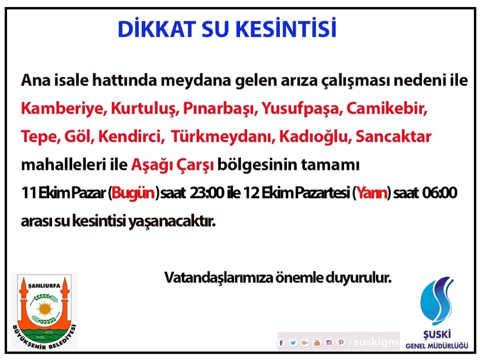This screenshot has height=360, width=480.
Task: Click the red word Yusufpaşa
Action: [302, 109]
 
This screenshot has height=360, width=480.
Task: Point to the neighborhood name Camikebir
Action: [387, 109]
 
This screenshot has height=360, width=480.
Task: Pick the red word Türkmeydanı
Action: [222, 137]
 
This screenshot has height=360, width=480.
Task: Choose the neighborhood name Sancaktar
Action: [394, 137]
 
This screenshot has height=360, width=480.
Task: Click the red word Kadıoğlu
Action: [315, 137]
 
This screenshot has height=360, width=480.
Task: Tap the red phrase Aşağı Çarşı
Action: [173, 165]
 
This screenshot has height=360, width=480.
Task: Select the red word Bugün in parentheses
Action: [133, 193]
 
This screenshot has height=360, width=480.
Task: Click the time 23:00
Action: [207, 193]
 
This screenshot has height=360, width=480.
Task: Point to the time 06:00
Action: [440, 193]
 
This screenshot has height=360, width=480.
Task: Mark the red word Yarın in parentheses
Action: [372, 193]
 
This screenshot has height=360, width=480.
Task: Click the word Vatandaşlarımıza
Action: [219, 278]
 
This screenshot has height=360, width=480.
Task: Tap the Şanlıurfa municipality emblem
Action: [44, 312]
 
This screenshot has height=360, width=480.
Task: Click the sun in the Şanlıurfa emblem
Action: [44, 308]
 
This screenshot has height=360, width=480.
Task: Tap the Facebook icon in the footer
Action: [281, 343]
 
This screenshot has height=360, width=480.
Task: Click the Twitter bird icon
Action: [293, 343]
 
